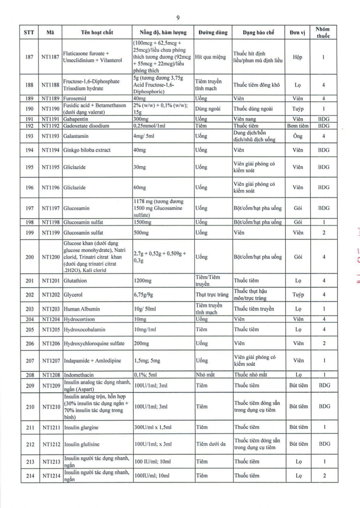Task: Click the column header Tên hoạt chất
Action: coord(97,33)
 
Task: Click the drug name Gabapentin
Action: coord(77,119)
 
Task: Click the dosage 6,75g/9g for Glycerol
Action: coord(145,295)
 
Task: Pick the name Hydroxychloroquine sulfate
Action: coord(94,343)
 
